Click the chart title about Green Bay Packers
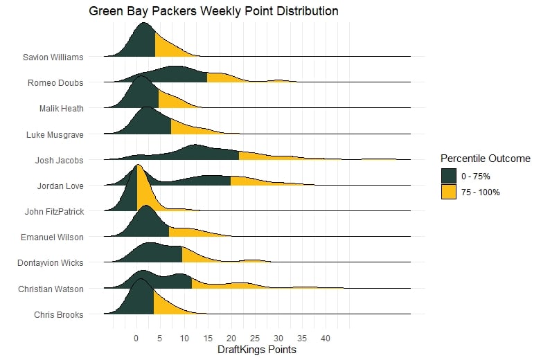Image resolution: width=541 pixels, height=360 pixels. click(213, 11)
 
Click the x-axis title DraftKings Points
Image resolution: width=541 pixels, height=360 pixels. click(257, 350)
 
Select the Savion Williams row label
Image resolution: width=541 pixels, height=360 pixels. click(53, 57)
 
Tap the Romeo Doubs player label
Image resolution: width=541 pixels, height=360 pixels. click(55, 83)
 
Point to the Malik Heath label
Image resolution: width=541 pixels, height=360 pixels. click(61, 109)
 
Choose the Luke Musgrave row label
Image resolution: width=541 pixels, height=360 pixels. click(55, 134)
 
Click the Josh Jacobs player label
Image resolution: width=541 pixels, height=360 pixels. click(59, 161)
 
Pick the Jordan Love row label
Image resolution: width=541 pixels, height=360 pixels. click(60, 186)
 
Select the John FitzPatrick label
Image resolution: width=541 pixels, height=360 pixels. click(53, 212)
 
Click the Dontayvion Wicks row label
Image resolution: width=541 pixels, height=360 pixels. click(50, 263)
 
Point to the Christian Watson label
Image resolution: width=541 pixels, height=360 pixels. click(51, 289)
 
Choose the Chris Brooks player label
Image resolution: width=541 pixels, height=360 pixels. click(58, 315)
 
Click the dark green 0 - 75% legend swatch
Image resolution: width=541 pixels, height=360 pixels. click(449, 177)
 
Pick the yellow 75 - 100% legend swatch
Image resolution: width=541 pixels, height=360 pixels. click(449, 192)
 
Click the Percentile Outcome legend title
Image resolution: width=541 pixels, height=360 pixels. click(486, 159)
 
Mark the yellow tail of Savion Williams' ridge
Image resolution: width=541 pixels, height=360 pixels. click(170, 48)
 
